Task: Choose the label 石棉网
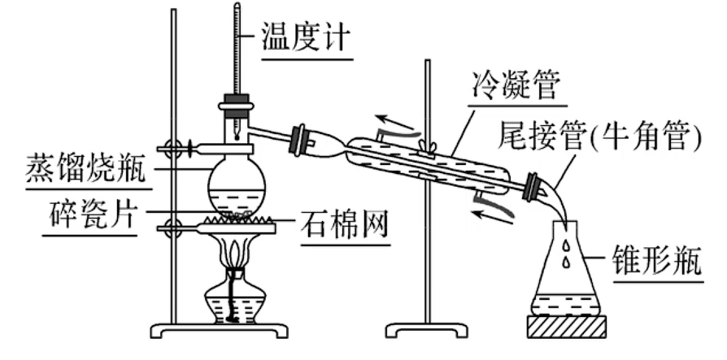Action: tap(342, 221)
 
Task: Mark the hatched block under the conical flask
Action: tap(568, 326)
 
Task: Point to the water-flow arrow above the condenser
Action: tap(398, 124)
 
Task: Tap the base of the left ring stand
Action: tap(220, 330)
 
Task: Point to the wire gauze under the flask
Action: tap(237, 221)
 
